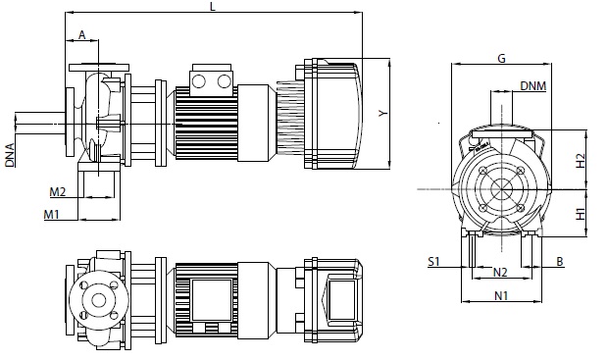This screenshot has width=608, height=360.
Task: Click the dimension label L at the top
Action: pyautogui.click(x=212, y=7)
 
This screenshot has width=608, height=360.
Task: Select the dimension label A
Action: pyautogui.click(x=81, y=35)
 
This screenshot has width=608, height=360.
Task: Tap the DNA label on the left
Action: pyautogui.click(x=10, y=155)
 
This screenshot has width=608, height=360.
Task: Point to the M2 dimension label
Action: pyautogui.click(x=58, y=191)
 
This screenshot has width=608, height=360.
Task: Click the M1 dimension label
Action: pyautogui.click(x=51, y=214)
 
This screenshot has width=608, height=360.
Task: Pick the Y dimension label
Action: pyautogui.click(x=383, y=113)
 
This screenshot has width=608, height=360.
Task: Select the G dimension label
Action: pyautogui.click(x=501, y=59)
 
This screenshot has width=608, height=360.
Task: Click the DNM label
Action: pyautogui.click(x=532, y=85)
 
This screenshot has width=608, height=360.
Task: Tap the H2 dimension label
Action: pyautogui.click(x=581, y=161)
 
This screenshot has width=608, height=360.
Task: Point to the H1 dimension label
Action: pyautogui.click(x=581, y=214)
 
